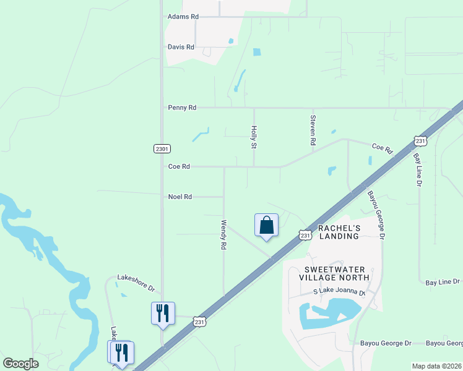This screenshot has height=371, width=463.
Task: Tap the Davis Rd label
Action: tap(181, 47)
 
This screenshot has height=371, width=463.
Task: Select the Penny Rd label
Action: tap(182, 108)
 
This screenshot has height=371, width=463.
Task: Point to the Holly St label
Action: tap(253, 137)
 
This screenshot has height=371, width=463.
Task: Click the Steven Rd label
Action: tap(313, 130)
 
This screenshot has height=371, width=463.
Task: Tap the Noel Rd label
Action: tap(180, 197)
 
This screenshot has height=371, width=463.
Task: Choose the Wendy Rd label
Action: tap(224, 234)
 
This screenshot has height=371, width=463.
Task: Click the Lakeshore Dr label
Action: tap(136, 284)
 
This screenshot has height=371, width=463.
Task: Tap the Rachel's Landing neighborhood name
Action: tap(339, 232)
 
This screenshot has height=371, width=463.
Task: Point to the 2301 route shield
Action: tap(162, 149)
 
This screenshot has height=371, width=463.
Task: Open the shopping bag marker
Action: tap(266, 225)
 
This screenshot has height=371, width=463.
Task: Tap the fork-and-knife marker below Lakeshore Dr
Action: tap(163, 313)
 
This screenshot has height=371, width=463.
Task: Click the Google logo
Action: tap(20, 364)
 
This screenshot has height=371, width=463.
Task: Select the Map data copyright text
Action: tap(436, 366)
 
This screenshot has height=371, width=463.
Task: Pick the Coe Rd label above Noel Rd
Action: tap(179, 166)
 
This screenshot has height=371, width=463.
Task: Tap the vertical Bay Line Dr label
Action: tap(418, 170)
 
